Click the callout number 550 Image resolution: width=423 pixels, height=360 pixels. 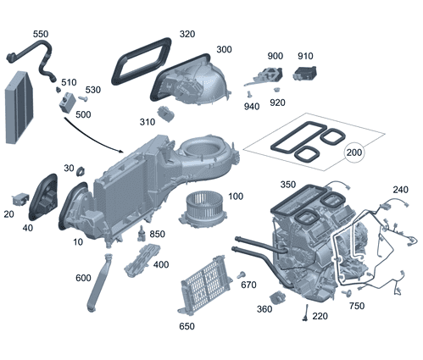(40, 34)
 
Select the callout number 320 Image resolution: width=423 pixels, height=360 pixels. (187, 35)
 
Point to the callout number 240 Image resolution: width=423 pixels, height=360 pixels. (400, 190)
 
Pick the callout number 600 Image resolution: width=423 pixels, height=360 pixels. (84, 278)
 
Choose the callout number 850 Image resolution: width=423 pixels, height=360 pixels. (157, 234)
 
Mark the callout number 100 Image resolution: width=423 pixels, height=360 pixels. (235, 197)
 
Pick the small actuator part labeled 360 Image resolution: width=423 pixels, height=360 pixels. (276, 297)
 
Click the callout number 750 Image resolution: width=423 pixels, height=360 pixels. (356, 306)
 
